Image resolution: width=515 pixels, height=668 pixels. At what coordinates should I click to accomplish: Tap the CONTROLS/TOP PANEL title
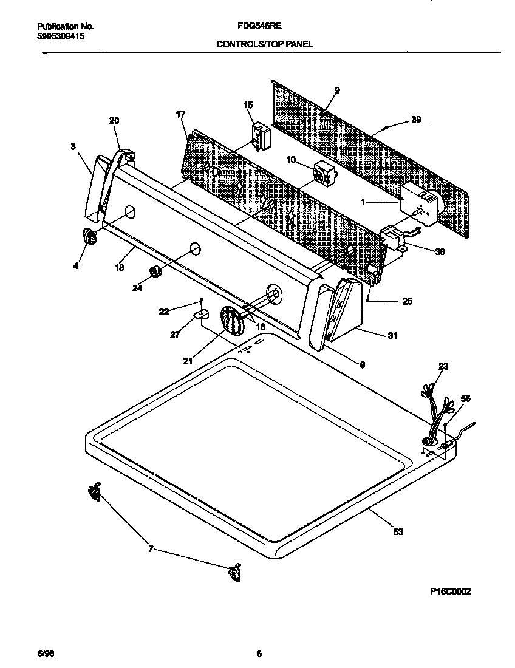click(x=265, y=44)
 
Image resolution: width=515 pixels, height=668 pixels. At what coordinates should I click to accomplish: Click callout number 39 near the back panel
click(x=416, y=120)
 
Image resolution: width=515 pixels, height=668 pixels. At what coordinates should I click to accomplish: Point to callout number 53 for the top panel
click(x=398, y=532)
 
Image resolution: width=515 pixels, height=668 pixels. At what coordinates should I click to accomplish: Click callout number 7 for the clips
click(x=150, y=550)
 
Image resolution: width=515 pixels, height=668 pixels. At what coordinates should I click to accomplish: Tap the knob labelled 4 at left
click(x=89, y=236)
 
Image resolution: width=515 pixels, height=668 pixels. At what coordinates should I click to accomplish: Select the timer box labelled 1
click(x=419, y=203)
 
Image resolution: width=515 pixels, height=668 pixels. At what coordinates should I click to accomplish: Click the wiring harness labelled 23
click(x=435, y=413)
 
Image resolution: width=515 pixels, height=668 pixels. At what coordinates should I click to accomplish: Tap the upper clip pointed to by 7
click(x=94, y=493)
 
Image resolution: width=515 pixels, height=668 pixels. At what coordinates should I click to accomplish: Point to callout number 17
click(x=180, y=114)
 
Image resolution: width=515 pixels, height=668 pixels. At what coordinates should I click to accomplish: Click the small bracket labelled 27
click(x=200, y=314)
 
